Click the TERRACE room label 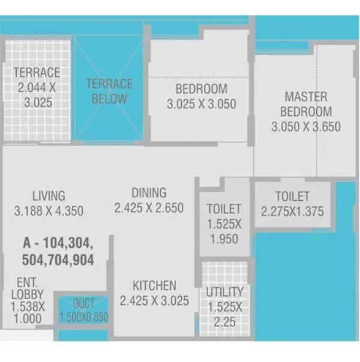(x=37, y=73)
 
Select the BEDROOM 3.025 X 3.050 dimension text (x=201, y=104)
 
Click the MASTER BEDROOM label (x=306, y=104)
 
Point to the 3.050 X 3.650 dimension (x=306, y=126)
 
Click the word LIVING (x=49, y=196)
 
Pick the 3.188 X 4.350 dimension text (x=49, y=210)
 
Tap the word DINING (x=149, y=193)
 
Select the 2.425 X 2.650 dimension (x=149, y=208)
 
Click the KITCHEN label (x=155, y=286)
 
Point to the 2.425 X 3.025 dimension (x=155, y=301)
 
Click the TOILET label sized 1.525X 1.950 (x=224, y=209)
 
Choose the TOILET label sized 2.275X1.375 (x=293, y=197)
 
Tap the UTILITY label (x=225, y=292)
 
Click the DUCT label (x=84, y=304)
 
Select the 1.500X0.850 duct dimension (x=84, y=317)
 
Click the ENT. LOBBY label (x=28, y=288)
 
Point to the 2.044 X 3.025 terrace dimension (x=37, y=95)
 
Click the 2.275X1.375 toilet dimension (x=293, y=211)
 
